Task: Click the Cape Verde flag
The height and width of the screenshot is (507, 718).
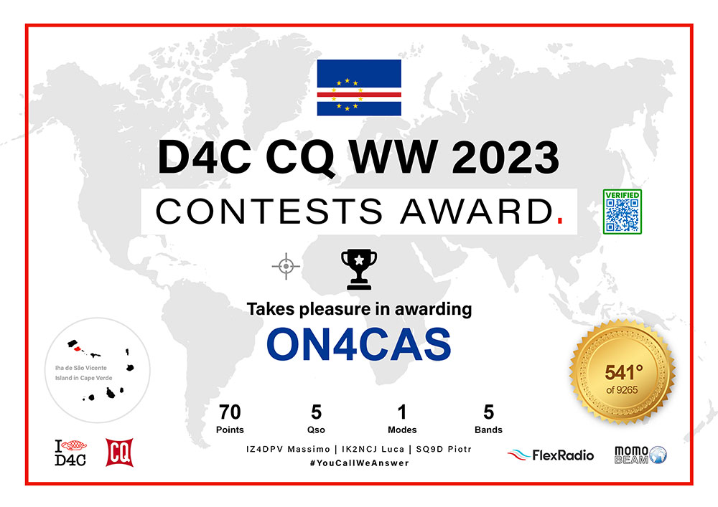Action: click(x=359, y=87)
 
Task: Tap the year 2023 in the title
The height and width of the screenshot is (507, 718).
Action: click(x=505, y=157)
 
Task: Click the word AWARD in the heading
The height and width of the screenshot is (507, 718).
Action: click(x=477, y=212)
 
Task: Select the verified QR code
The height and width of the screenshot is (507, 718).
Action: click(x=623, y=212)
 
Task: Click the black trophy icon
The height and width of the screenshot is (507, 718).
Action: click(x=359, y=269)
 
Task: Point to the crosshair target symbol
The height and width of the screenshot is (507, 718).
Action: click(x=286, y=266)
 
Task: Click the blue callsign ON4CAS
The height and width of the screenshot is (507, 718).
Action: click(x=359, y=344)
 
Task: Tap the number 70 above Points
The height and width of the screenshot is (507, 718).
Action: click(x=230, y=412)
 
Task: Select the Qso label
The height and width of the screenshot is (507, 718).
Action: click(x=316, y=430)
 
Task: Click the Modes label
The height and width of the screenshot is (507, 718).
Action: click(x=402, y=430)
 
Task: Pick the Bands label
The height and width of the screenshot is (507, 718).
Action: click(x=488, y=430)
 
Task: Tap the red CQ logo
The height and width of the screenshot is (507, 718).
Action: click(x=119, y=452)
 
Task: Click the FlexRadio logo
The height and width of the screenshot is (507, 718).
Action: click(x=551, y=455)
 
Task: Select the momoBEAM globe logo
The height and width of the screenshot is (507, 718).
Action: click(x=640, y=455)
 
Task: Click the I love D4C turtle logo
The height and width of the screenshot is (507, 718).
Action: click(x=70, y=452)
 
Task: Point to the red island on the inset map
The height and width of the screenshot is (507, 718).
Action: click(x=78, y=349)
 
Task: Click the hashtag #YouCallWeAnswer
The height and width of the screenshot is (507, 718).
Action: click(x=360, y=463)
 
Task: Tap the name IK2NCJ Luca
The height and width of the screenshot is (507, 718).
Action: click(x=373, y=449)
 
